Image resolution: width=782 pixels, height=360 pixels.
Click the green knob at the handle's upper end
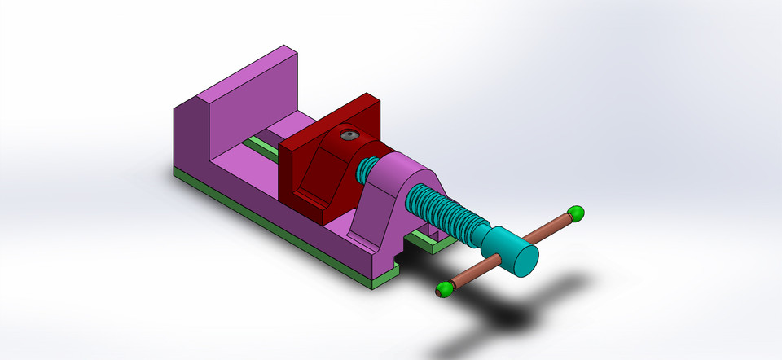point(576,213)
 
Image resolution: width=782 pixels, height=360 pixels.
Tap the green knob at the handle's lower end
point(444,288)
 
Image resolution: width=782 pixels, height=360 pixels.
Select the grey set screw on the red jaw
point(349,136)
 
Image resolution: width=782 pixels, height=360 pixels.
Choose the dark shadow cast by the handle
point(521,314)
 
